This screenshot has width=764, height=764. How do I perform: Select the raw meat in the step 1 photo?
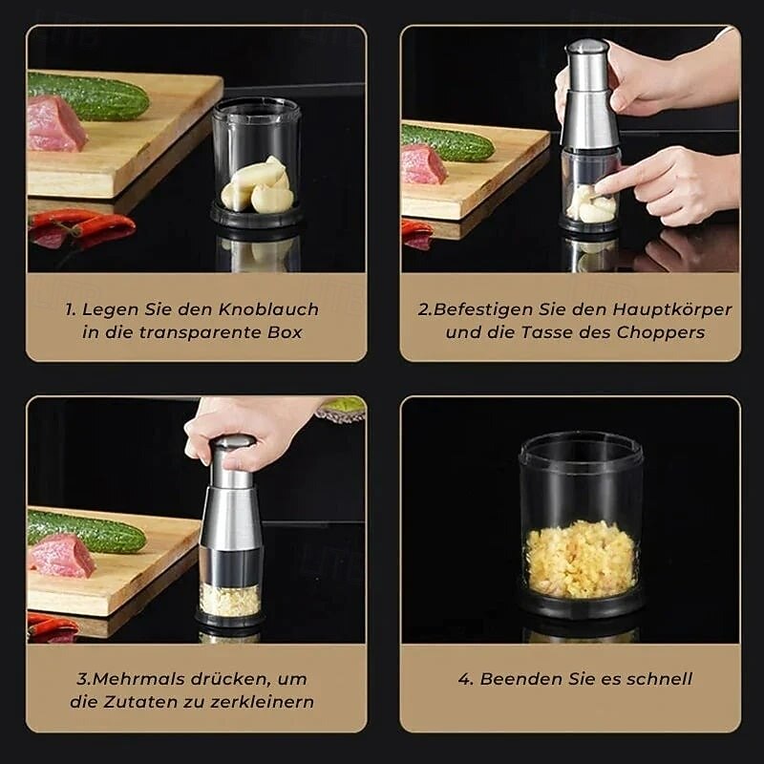pyautogui.click(x=55, y=125)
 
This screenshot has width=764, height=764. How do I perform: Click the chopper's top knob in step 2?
pyautogui.click(x=587, y=47)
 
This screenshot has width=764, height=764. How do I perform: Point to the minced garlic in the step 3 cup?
pyautogui.click(x=229, y=600)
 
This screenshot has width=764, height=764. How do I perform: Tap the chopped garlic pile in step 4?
pyautogui.click(x=581, y=559)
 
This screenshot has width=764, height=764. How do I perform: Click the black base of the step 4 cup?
pyautogui.click(x=581, y=607)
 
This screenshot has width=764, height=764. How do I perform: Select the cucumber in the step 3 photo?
pyautogui.click(x=86, y=531)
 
